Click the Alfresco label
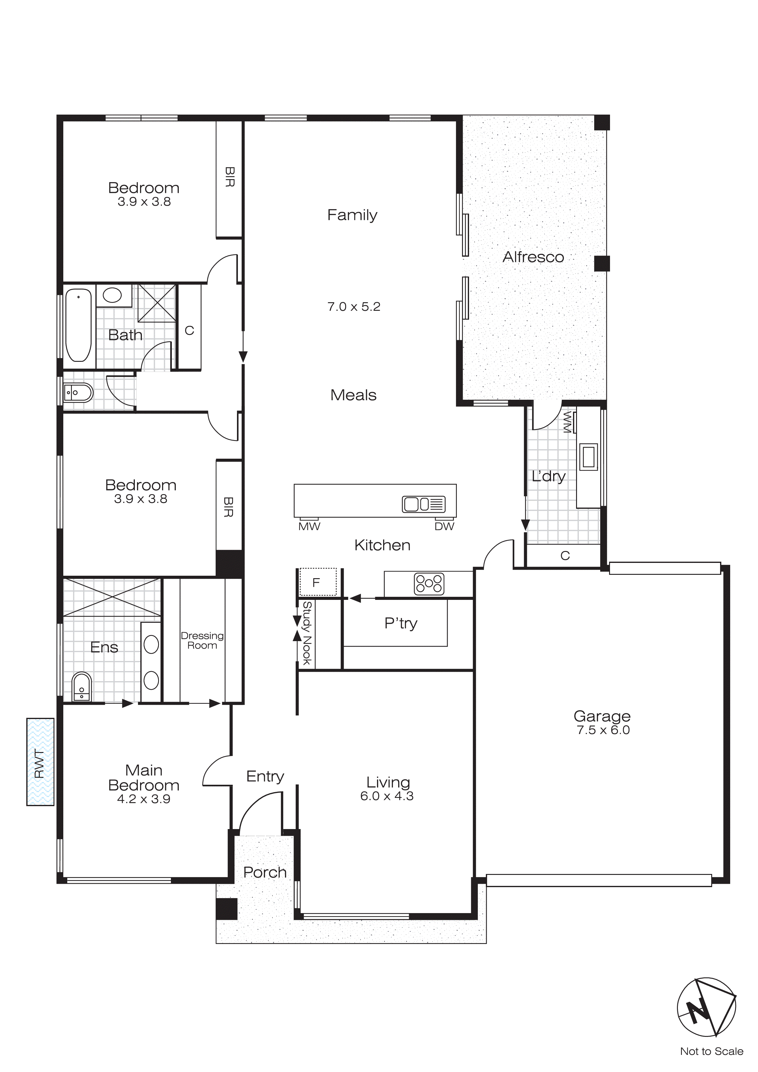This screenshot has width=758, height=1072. pyautogui.click(x=533, y=257)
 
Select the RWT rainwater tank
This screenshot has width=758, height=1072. pyautogui.click(x=40, y=762)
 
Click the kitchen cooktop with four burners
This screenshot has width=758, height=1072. pyautogui.click(x=429, y=584)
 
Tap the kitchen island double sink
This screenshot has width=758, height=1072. pyautogui.click(x=423, y=504)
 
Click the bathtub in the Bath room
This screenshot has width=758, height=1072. pyautogui.click(x=79, y=325)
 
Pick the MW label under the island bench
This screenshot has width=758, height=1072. pyautogui.click(x=309, y=527)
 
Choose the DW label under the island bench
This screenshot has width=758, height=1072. pyautogui.click(x=444, y=527)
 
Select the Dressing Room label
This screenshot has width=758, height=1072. pyautogui.click(x=202, y=640)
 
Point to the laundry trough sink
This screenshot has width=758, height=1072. pyautogui.click(x=589, y=456)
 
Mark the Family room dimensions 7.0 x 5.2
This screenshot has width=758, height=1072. pyautogui.click(x=353, y=307)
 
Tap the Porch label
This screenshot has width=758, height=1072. pyautogui.click(x=265, y=872)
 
